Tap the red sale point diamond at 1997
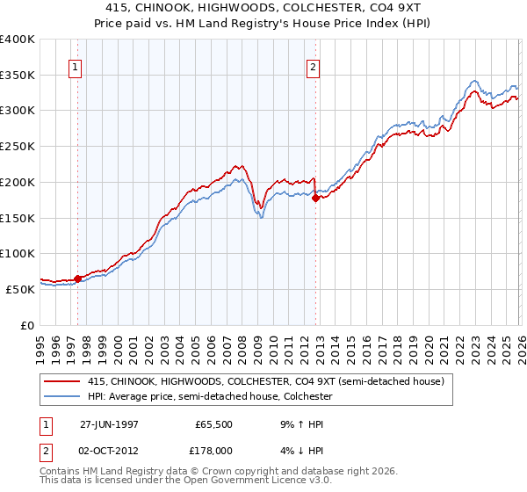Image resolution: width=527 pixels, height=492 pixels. [77, 279]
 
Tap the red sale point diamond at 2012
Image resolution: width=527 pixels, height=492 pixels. [315, 198]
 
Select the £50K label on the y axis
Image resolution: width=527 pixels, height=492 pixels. [20, 288]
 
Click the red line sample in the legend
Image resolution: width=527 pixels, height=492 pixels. [64, 381]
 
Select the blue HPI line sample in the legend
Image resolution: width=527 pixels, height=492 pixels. [64, 396]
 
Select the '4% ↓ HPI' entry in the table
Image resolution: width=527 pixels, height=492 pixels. [299, 450]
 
